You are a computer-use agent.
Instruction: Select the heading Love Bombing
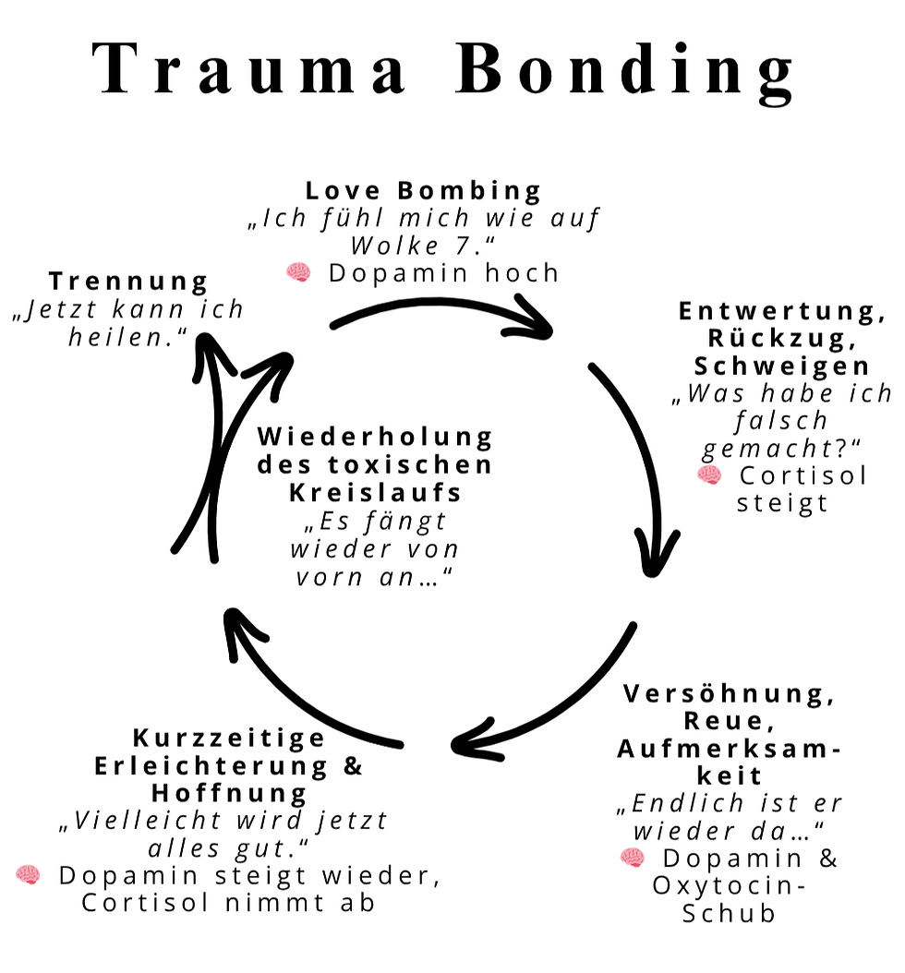(424, 191)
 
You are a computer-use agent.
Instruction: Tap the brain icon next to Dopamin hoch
(298, 272)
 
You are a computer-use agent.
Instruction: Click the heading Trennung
(129, 280)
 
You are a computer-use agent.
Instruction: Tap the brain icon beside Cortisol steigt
(709, 474)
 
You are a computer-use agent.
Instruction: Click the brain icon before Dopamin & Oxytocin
(633, 858)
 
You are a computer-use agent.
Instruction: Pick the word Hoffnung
(230, 793)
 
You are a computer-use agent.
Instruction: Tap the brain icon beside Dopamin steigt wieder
(29, 875)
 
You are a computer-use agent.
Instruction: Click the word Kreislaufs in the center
(375, 491)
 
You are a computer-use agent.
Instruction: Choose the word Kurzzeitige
(229, 738)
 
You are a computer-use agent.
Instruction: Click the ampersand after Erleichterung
(354, 765)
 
